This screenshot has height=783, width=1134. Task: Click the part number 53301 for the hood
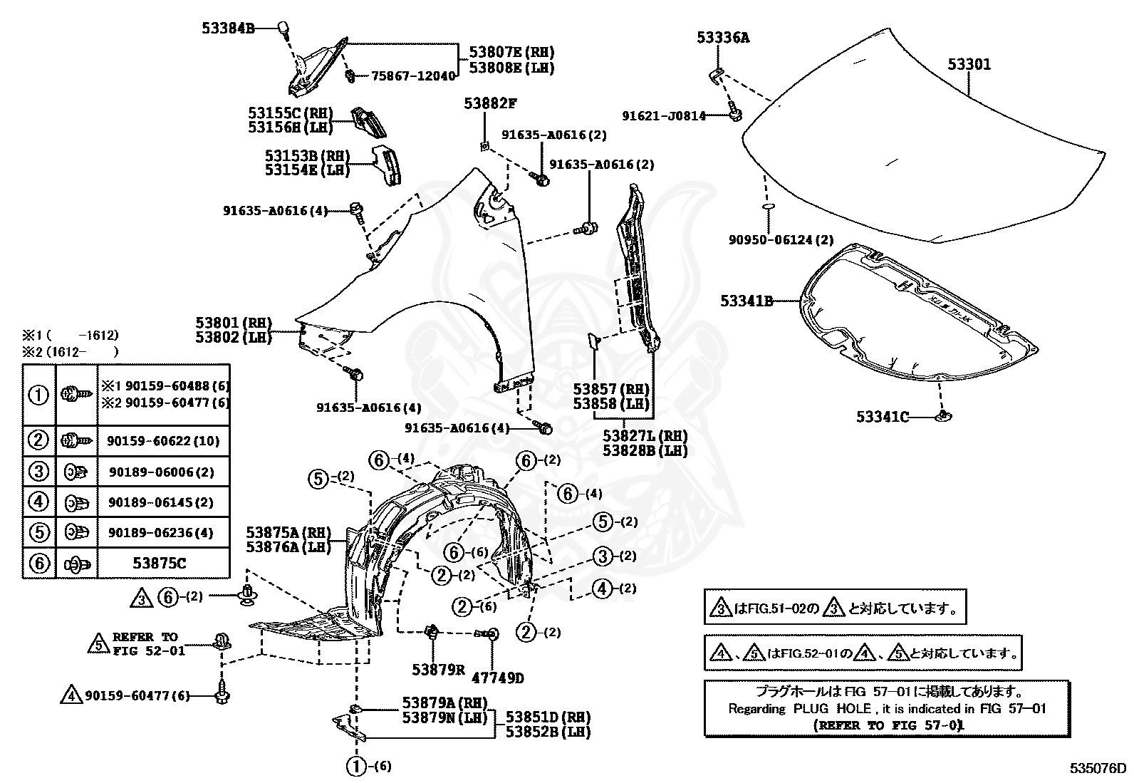point(969,64)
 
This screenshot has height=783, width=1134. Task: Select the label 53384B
point(227,28)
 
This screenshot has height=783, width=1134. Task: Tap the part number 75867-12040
point(412,76)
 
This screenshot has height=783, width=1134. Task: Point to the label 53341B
point(746,301)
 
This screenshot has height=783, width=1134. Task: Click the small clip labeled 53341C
point(945,415)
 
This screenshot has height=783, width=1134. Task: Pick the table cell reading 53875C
point(159,564)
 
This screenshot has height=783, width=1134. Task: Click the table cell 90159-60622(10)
point(159,441)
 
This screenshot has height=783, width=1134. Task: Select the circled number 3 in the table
point(38,472)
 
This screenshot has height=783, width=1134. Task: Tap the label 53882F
point(489,103)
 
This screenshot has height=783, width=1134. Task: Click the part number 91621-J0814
point(663,115)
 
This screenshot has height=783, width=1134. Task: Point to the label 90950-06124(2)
point(780,240)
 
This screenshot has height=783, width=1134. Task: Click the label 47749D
point(496,678)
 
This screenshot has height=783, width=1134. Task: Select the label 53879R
point(437,670)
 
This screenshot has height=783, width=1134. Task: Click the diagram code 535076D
point(1098,768)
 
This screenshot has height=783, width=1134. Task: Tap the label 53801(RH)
point(234,323)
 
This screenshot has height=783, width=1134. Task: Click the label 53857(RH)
point(611,389)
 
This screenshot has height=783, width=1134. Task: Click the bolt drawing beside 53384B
point(283,29)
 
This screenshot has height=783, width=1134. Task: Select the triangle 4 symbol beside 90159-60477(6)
point(71,695)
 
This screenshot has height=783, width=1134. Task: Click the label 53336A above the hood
point(722,37)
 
